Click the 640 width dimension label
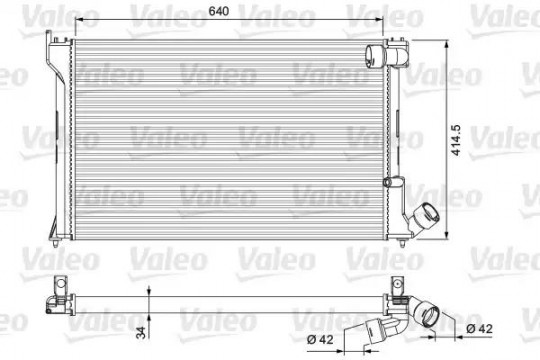(218, 11)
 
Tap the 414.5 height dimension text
(456, 140)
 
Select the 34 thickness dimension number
(141, 332)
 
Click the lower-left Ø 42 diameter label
(320, 340)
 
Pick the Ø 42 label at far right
(479, 329)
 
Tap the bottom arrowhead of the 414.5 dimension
(447, 234)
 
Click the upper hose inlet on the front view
(375, 56)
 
